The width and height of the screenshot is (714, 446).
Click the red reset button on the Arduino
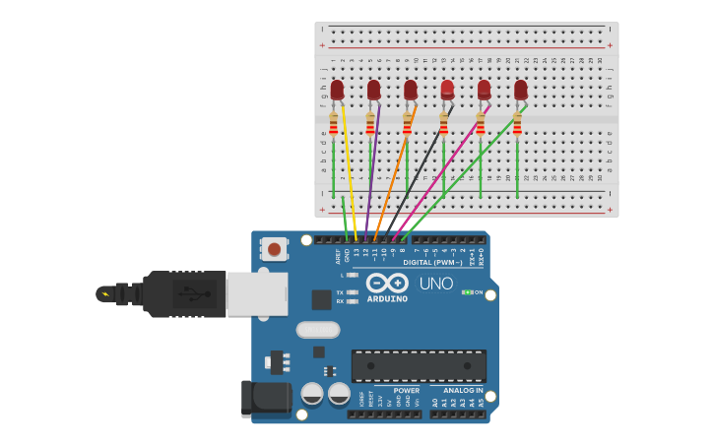274,250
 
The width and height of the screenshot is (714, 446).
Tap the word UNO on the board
435,284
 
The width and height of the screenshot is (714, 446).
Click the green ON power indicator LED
468,292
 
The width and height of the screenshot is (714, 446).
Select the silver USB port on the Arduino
257,293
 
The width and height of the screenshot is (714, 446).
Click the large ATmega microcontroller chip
419,366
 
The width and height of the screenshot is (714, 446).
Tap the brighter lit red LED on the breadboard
447,91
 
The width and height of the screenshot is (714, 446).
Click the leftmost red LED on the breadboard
337,91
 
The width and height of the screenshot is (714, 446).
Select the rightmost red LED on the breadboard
520,91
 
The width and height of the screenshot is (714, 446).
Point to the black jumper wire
418,177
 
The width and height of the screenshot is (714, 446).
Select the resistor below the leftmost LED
334,124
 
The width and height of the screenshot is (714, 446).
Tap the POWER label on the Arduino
406,390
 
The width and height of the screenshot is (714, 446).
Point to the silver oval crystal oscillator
317,330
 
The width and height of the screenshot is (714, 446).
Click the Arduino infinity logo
387,284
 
